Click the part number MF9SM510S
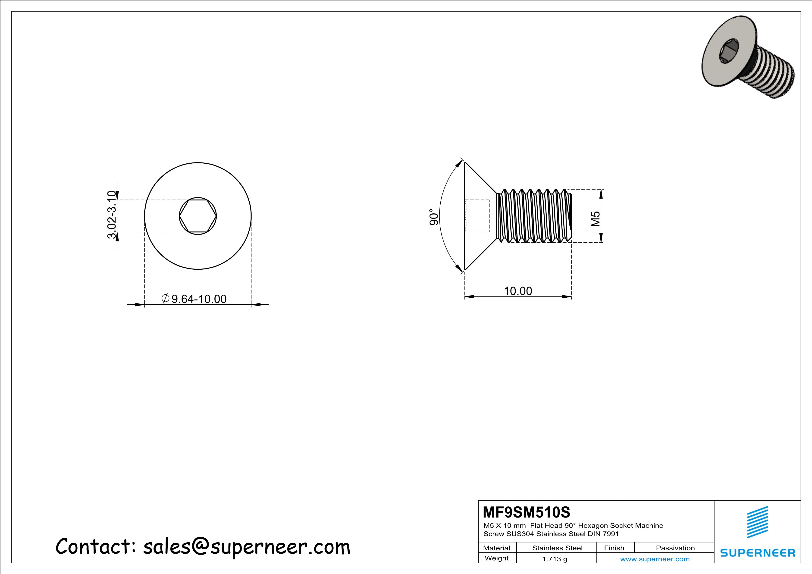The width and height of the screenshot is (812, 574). [526, 512]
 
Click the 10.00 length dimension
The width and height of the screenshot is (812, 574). [518, 291]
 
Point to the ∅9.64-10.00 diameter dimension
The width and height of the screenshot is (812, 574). [194, 299]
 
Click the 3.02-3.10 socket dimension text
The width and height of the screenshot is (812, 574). [112, 215]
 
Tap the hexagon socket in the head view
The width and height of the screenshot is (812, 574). [198, 216]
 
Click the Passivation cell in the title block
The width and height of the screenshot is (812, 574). [675, 548]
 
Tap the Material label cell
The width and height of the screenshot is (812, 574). [497, 548]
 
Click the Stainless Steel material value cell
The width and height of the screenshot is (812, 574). [557, 548]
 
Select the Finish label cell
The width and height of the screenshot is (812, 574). [614, 548]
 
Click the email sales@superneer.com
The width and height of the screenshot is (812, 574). [247, 547]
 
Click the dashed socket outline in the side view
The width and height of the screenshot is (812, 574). [477, 216]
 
